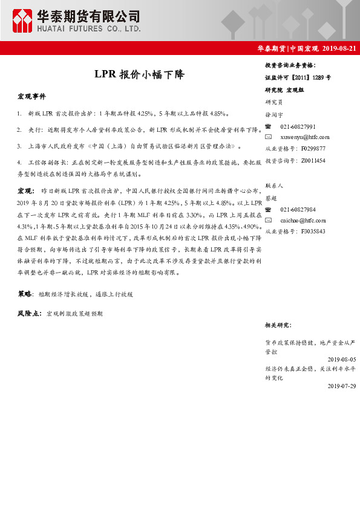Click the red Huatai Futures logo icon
point(22,21)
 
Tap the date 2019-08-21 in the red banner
point(339,48)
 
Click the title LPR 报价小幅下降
point(139,75)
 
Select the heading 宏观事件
point(31,96)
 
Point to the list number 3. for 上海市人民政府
point(20,146)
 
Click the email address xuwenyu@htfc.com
point(304,137)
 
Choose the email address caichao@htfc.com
point(303,221)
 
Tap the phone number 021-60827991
point(298,126)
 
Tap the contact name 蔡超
point(271,198)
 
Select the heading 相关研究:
point(279,325)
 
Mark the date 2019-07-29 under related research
point(341,385)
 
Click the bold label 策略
point(25,294)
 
